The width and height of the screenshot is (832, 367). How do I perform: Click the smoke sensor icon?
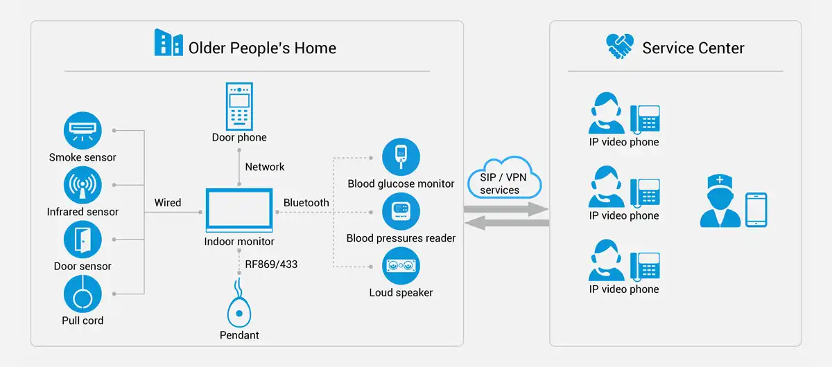click(83, 131)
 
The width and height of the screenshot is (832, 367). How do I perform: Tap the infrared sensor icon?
click(83, 185)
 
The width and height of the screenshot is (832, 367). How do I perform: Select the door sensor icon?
click(83, 240)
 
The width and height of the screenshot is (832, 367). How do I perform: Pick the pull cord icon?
click(83, 294)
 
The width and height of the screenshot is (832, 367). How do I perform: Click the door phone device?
click(239, 106)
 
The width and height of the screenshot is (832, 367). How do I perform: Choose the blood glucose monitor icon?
click(401, 157)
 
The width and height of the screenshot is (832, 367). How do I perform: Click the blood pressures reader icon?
click(401, 212)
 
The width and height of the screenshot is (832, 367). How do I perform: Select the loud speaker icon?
click(401, 267)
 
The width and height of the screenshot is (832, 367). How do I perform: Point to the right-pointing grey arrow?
click(506, 208)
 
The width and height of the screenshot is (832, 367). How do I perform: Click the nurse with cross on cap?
click(719, 202)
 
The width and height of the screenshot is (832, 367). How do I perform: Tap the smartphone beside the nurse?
click(756, 211)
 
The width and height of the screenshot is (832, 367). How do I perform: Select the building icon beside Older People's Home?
click(168, 42)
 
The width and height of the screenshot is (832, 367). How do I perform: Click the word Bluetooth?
click(306, 203)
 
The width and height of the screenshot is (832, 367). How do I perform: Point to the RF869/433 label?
click(271, 264)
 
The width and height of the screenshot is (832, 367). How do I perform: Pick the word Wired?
click(168, 203)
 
